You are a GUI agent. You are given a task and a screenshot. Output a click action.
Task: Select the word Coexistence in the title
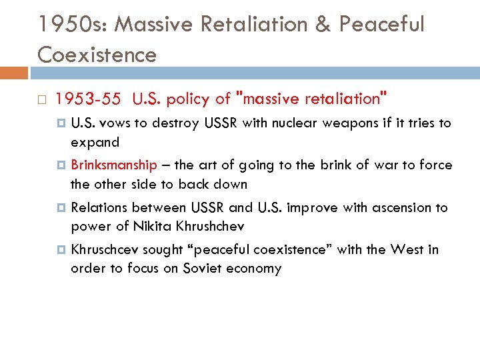[x=97, y=54]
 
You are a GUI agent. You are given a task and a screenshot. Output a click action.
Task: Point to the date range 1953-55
[x=88, y=99]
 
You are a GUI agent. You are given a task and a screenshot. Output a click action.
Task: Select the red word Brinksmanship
[x=113, y=165]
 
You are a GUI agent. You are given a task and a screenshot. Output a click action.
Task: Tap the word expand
[x=95, y=142]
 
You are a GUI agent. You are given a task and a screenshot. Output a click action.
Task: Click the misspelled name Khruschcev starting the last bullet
[x=103, y=250]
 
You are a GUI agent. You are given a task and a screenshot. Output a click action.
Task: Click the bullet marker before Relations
[x=62, y=208]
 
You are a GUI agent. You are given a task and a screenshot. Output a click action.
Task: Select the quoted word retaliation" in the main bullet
[x=346, y=99]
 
